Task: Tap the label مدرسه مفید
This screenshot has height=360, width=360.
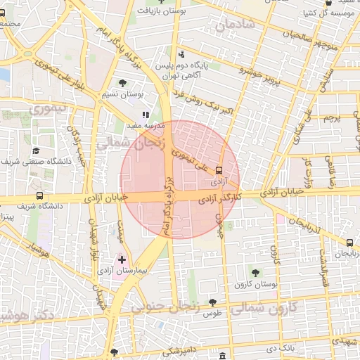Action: tap(146, 124)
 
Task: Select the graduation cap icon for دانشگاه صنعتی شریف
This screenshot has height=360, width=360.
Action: tap(35, 151)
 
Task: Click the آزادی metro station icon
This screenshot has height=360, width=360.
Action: tap(219, 170)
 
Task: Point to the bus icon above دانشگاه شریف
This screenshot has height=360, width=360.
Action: tap(39, 196)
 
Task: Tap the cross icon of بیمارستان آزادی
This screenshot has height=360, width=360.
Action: tap(122, 259)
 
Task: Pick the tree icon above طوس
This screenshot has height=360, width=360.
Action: tap(212, 302)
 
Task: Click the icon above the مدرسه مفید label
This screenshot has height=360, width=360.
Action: tap(146, 114)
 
